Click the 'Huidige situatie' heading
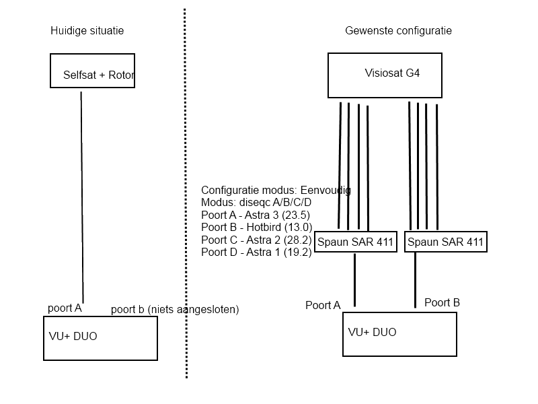pos(87,31)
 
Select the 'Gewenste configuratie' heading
pos(398,31)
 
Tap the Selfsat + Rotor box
pos(92,71)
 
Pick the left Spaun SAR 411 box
pos(355,242)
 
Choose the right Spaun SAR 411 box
pos(445,242)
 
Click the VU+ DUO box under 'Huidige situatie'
pos(100,338)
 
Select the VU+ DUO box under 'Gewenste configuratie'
pos(399,333)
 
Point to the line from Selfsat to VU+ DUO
pos(82,195)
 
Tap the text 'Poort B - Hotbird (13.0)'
pos(256,228)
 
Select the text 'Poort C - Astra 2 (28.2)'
pos(256,240)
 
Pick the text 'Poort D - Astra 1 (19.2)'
pos(256,252)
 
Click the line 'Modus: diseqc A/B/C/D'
pos(256,203)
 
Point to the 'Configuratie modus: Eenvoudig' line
pos(276,191)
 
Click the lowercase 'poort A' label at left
pos(65,308)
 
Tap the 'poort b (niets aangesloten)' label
pos(175,310)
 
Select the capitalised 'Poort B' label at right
pos(442,303)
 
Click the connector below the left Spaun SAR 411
pos(355,279)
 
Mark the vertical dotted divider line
pos(185,202)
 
